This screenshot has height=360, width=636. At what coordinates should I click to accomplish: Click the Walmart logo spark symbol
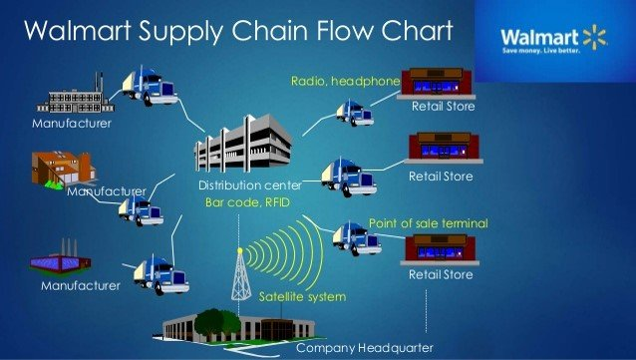[595, 38]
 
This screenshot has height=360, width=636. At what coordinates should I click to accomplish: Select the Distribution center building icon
[230, 151]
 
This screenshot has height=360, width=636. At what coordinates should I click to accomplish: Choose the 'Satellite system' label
[302, 297]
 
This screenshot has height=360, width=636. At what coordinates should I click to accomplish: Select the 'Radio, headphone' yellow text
[345, 80]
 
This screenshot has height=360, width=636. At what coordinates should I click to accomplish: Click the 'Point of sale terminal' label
[429, 222]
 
